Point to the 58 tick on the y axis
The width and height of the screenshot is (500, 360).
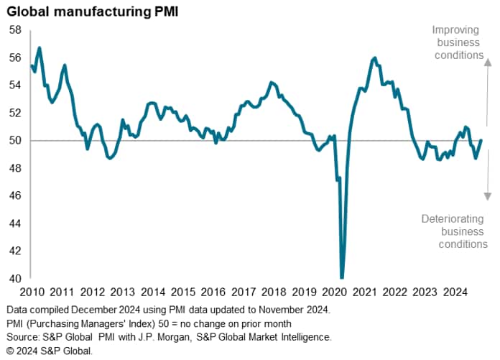pos(15,30)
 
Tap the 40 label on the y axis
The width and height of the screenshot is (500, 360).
pos(15,279)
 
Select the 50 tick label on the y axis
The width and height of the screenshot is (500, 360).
pos(15,141)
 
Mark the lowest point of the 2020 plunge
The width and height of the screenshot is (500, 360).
pos(342,277)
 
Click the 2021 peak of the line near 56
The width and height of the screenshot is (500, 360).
pos(375,57)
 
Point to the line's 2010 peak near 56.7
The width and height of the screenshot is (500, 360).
pos(40,48)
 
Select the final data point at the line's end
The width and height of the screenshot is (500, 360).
pos(481,140)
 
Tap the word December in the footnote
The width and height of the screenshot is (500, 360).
pos(92,310)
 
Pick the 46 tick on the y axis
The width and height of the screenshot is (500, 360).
pos(15,196)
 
